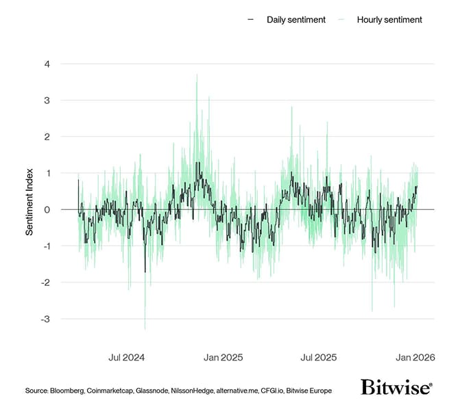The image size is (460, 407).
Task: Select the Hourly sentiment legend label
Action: click(389, 19)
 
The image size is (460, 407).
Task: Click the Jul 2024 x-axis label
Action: click(127, 357)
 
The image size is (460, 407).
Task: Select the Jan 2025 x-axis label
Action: click(224, 357)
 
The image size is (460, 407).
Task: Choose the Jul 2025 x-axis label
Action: click(319, 357)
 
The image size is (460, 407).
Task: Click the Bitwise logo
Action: click(396, 388)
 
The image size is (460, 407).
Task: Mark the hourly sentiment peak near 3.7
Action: click(197, 75)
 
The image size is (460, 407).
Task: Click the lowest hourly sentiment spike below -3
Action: click(145, 329)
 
